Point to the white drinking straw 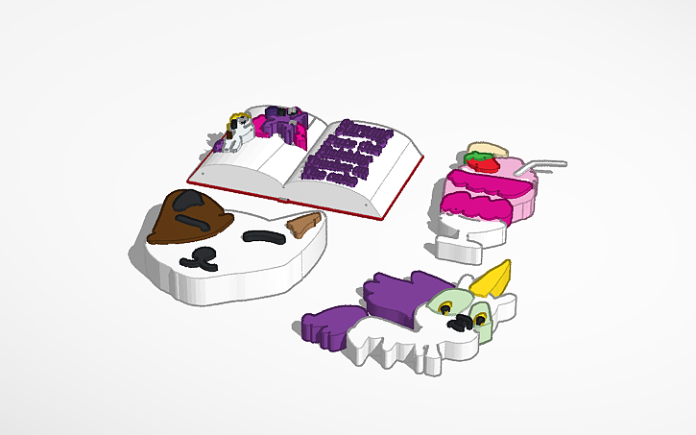coord(542,164)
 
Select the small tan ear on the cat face coord(304,225)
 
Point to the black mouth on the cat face coord(203,256)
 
